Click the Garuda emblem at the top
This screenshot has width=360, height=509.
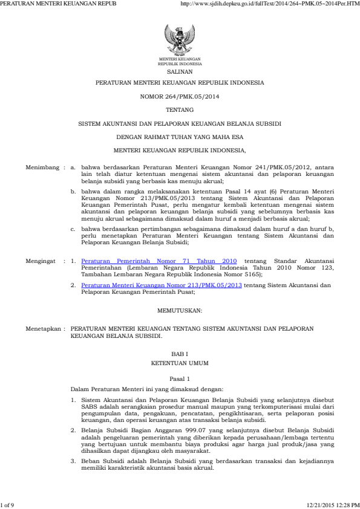tap(180, 39)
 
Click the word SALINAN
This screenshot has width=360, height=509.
tap(180, 71)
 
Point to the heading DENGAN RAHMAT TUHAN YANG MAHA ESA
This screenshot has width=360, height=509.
tap(180, 136)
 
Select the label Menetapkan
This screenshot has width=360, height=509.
tap(44, 329)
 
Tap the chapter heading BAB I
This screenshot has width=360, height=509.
tap(180, 354)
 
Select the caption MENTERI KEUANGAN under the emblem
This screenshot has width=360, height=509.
tap(180, 59)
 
